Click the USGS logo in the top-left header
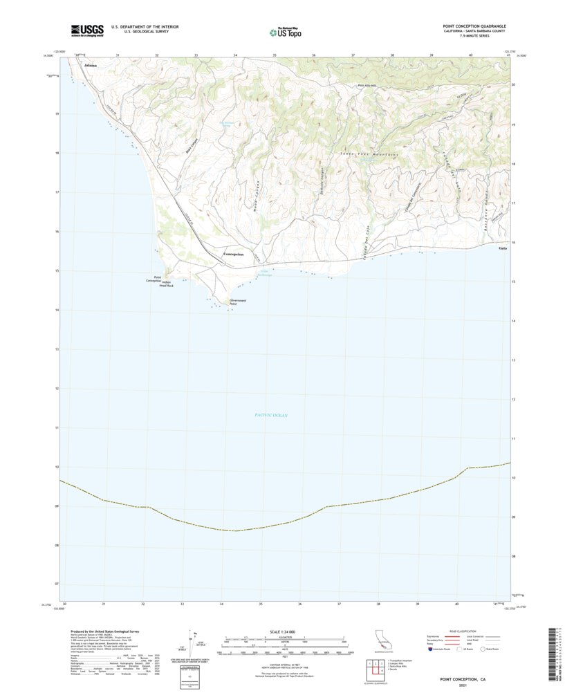click(86, 30)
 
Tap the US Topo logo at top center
click(285, 31)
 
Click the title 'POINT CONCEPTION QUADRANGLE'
click(474, 26)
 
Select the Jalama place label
click(90, 65)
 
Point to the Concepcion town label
click(233, 255)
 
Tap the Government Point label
click(238, 302)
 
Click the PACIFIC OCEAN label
click(270, 415)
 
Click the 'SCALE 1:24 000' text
click(283, 631)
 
